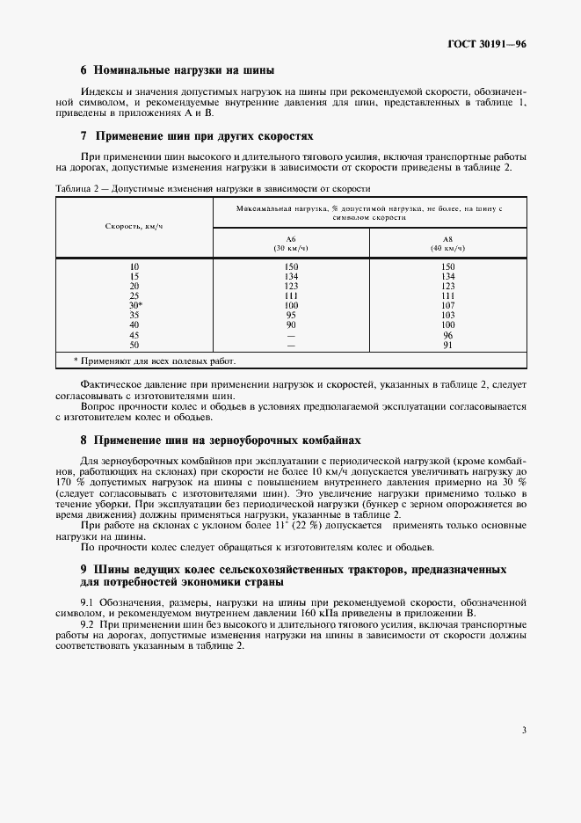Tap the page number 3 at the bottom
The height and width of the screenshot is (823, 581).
point(524,729)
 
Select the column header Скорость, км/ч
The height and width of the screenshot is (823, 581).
point(134,226)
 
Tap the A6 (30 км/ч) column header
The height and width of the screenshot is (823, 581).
point(291,243)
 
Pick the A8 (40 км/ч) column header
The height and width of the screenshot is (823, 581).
point(447,243)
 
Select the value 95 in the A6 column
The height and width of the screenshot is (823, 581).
point(291,314)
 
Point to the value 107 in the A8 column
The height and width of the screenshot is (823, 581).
point(447,304)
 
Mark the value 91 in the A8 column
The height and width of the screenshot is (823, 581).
point(447,344)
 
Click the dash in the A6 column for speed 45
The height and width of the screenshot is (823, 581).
point(291,334)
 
